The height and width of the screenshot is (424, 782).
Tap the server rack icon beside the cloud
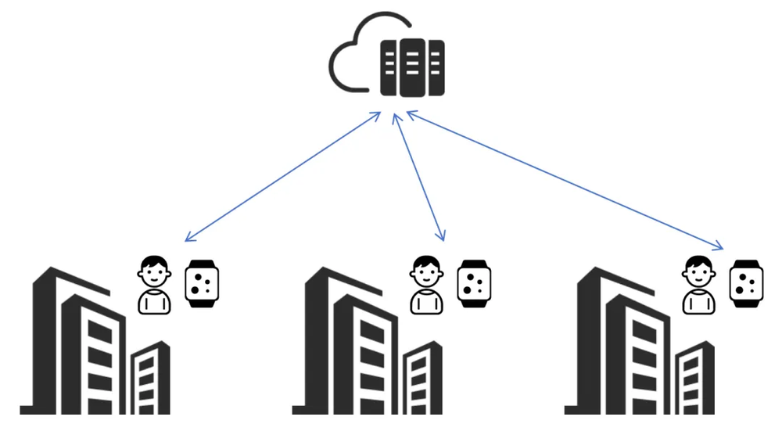[x=412, y=67]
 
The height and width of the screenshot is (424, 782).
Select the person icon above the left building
[x=154, y=285]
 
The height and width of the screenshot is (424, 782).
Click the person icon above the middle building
[x=426, y=285]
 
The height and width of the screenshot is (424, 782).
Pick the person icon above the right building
[x=698, y=285]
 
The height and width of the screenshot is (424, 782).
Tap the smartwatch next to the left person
[x=202, y=284]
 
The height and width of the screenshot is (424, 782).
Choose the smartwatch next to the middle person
[x=474, y=284]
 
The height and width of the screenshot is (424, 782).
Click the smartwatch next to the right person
[x=746, y=284]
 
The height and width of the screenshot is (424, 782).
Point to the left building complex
[x=86, y=344]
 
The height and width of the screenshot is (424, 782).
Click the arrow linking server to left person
[x=283, y=176]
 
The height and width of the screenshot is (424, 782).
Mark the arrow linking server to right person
[x=563, y=181]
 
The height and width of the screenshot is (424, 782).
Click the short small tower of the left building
[x=150, y=379]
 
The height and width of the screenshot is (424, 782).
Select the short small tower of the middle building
[x=422, y=379]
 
